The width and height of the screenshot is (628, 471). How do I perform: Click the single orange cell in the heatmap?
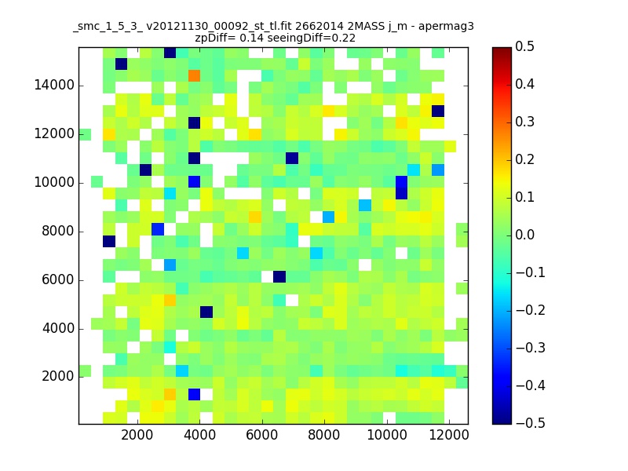(194, 75)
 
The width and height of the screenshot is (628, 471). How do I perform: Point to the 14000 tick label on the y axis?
(54, 86)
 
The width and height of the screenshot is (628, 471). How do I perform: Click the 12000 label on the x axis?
(449, 435)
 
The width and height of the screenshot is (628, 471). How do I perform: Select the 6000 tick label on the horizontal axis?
(262, 435)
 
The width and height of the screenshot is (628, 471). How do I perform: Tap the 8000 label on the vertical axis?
(58, 231)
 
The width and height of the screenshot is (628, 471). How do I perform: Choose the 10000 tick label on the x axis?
(387, 435)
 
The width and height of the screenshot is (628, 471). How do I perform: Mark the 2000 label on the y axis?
(58, 376)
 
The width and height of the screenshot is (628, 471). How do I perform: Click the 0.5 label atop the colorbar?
(524, 46)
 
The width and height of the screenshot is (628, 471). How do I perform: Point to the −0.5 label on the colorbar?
(531, 423)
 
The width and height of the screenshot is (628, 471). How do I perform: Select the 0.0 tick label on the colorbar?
(524, 235)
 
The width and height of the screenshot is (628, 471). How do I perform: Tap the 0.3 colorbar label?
(524, 122)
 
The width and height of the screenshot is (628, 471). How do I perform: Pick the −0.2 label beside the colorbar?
(531, 310)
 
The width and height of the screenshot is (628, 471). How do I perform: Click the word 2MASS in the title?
(366, 27)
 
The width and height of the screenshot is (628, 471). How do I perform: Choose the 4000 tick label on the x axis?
(200, 435)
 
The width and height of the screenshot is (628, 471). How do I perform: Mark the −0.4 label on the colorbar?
(531, 385)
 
